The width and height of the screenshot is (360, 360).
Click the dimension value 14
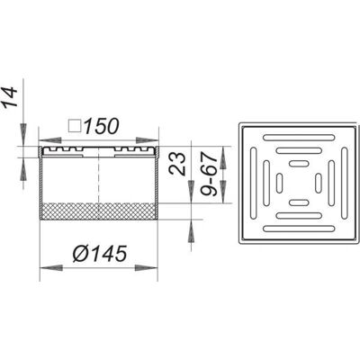point(8,96)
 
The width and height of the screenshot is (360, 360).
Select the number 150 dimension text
point(101,126)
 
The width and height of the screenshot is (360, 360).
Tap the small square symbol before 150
point(75,126)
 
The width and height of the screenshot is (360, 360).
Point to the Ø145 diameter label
point(100,254)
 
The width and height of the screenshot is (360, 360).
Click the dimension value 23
point(177,164)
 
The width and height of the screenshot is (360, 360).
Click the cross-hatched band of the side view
point(99,211)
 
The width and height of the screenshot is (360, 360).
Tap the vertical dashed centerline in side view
point(99,184)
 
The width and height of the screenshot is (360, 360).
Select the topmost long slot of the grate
point(299,138)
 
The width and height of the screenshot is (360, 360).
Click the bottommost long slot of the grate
point(299,229)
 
